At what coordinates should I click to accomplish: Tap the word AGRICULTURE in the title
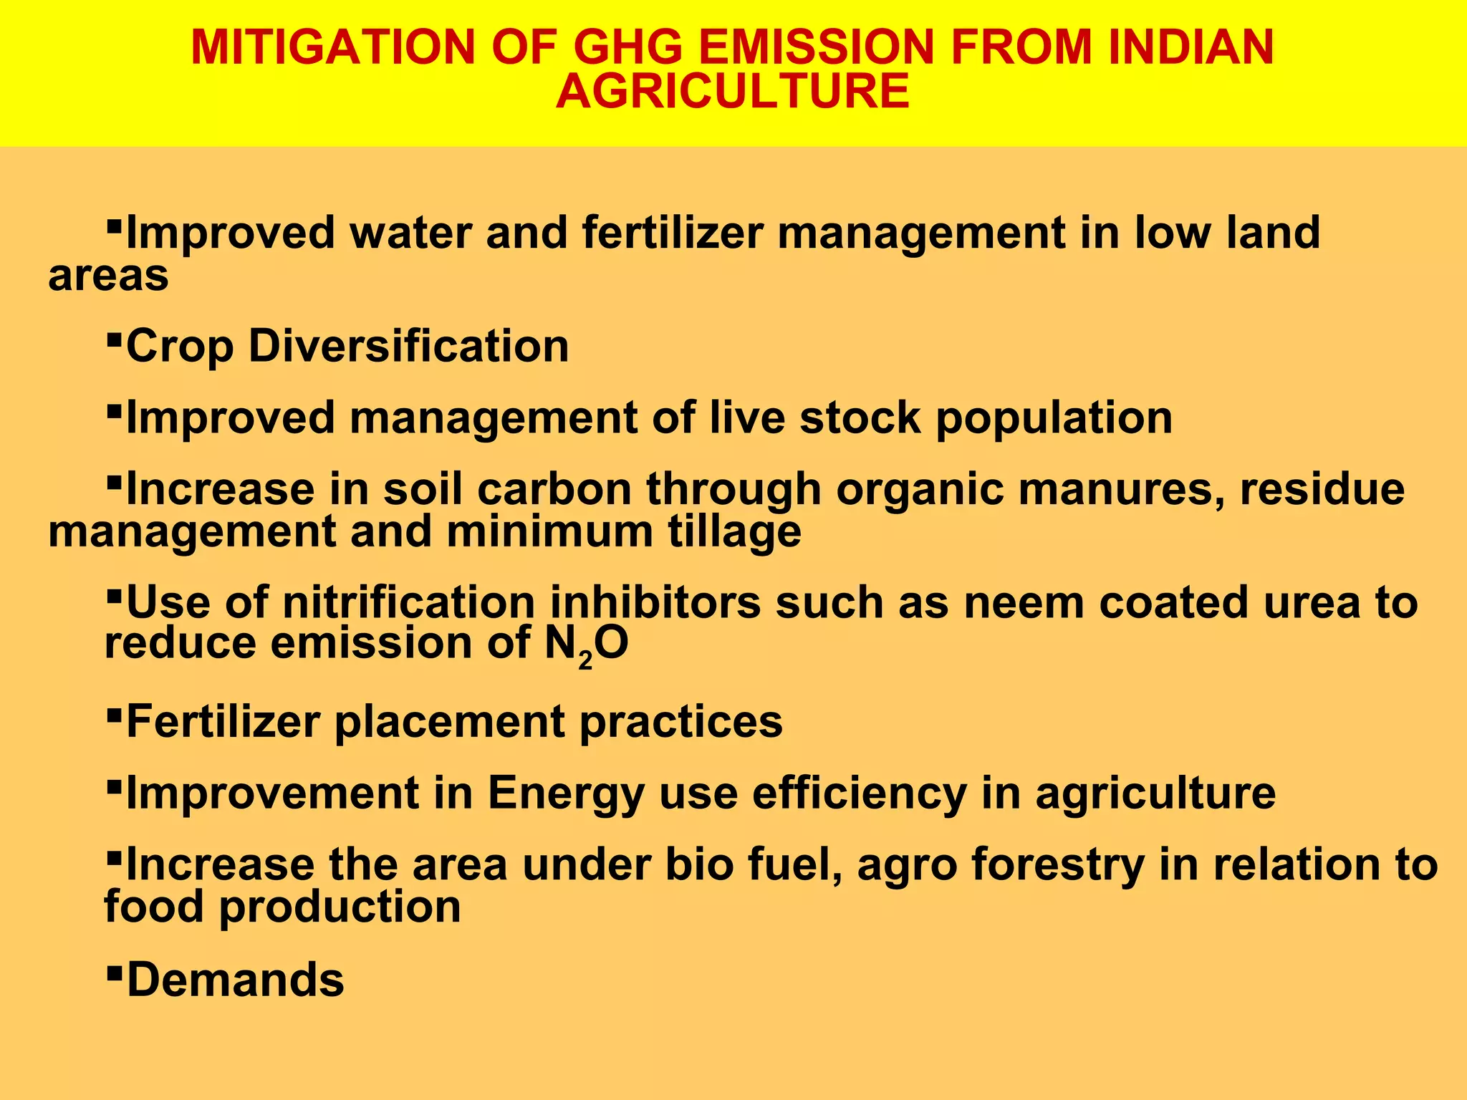pyautogui.click(x=732, y=92)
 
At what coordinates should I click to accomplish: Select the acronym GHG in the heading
pyautogui.click(x=629, y=47)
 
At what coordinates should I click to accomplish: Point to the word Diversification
pyautogui.click(x=408, y=346)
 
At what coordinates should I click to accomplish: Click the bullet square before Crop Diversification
pyautogui.click(x=113, y=336)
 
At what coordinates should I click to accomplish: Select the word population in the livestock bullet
pyautogui.click(x=1054, y=418)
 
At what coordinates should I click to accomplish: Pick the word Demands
pyautogui.click(x=235, y=980)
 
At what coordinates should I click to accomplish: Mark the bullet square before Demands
pyautogui.click(x=113, y=970)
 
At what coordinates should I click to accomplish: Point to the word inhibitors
pyautogui.click(x=655, y=602)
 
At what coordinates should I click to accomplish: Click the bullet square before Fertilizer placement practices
pyautogui.click(x=113, y=712)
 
